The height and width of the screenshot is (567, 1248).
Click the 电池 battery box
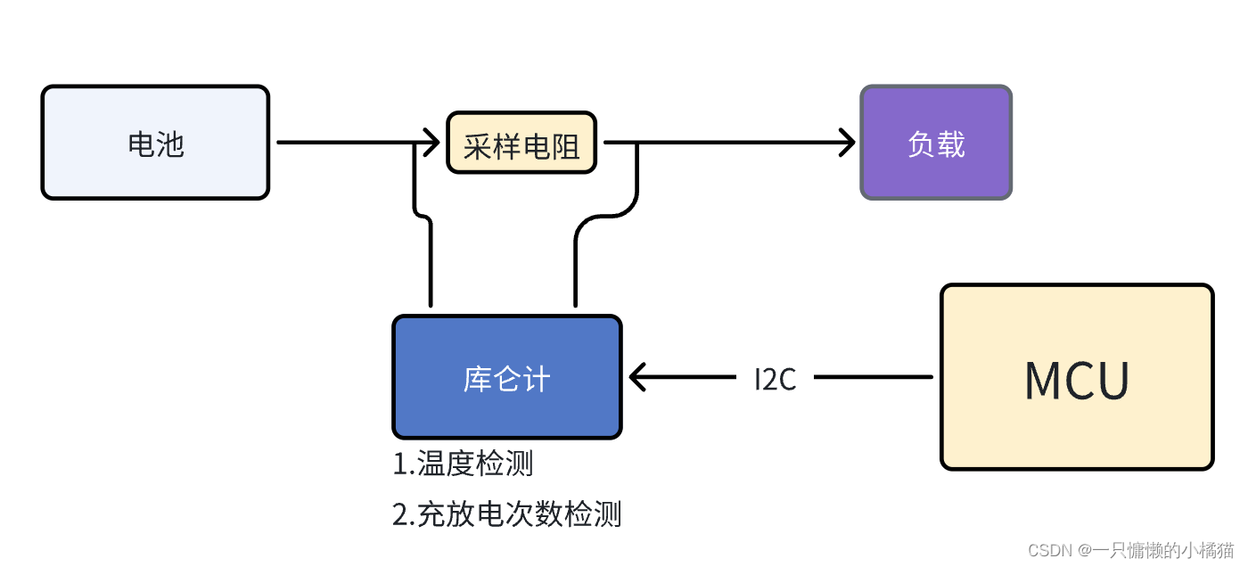(x=155, y=143)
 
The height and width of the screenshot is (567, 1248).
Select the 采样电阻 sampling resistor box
(x=521, y=143)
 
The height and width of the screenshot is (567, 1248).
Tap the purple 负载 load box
(x=936, y=143)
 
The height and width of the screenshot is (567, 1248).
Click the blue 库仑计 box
(x=506, y=377)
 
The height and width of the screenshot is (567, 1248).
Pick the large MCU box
(x=1077, y=377)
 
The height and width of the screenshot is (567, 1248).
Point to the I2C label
(x=775, y=380)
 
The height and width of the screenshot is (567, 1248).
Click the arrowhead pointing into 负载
(x=847, y=142)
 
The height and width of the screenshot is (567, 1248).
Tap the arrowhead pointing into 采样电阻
(x=433, y=142)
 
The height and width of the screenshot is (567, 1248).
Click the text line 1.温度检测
(x=463, y=464)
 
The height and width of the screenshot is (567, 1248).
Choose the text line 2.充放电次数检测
(x=506, y=514)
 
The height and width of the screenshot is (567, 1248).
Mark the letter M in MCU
(x=1044, y=381)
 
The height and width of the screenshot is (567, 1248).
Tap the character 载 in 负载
(x=951, y=144)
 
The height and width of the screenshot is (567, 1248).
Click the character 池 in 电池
(x=170, y=144)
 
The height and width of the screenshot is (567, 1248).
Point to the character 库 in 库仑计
(x=478, y=380)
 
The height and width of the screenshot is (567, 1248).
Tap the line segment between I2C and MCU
(x=874, y=377)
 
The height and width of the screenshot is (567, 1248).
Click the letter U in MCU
(x=1112, y=381)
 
